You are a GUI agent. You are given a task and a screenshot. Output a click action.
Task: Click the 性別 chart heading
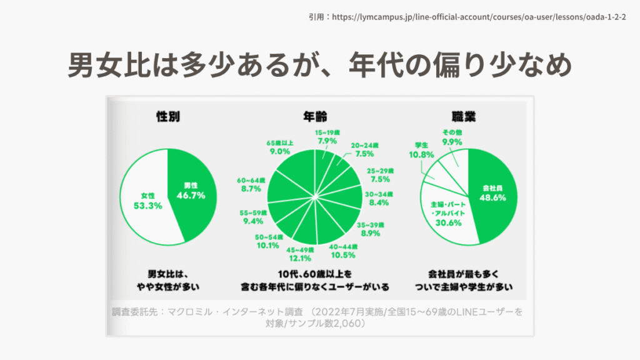tap(167, 116)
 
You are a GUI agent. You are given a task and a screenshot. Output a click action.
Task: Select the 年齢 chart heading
tap(316, 116)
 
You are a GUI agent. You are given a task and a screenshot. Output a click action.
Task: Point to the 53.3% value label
tap(148, 205)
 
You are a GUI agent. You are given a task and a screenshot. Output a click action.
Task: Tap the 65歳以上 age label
tap(279, 142)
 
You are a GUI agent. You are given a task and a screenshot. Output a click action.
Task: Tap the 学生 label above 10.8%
tap(419, 145)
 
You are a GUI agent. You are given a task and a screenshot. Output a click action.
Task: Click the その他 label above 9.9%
tap(452, 132)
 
